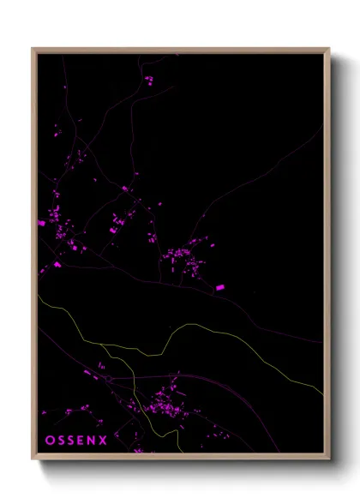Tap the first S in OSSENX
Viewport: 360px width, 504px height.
click(x=61, y=441)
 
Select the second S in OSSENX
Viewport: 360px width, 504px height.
click(x=72, y=441)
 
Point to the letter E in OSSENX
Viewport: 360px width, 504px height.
click(x=82, y=441)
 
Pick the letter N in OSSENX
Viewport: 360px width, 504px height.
click(x=93, y=441)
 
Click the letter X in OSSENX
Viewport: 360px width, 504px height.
click(x=105, y=441)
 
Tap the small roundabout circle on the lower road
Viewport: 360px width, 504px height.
click(x=110, y=378)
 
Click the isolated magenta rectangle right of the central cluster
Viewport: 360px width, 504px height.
click(x=219, y=287)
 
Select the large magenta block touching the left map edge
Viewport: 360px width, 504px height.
click(x=41, y=223)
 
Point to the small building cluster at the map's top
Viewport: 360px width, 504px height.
click(x=148, y=81)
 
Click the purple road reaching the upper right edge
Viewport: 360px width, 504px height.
click(x=300, y=146)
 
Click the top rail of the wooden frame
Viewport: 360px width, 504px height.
click(x=180, y=50)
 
